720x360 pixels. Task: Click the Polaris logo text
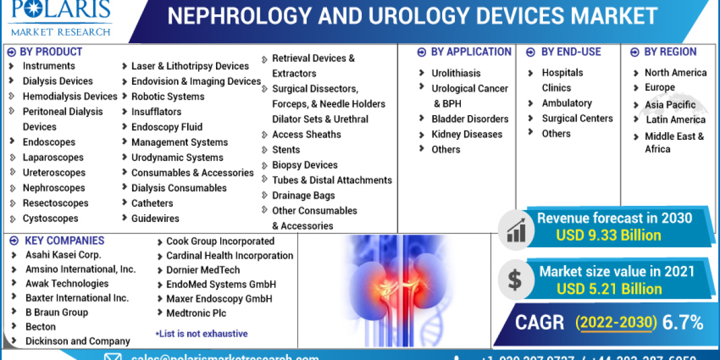point(59,11)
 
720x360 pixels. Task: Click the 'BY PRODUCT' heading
point(50,52)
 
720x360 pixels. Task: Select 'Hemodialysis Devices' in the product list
point(70,96)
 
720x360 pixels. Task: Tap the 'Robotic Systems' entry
point(167,96)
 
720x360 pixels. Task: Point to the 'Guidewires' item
point(155,218)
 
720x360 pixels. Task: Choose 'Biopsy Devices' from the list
point(304,164)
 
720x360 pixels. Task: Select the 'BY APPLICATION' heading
point(470,52)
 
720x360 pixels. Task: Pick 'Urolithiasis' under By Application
point(455,73)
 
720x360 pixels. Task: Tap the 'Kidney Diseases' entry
point(467,134)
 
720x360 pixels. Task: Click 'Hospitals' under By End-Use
point(562,72)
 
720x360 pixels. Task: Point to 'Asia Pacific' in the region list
point(670,104)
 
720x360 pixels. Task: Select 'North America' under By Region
point(675,72)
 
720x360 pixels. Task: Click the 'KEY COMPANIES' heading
point(64,241)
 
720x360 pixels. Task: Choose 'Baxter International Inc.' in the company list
point(77,298)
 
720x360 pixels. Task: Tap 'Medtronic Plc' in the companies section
point(196,313)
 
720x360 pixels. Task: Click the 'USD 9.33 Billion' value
point(608,235)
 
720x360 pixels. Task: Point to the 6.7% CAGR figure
point(683,323)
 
